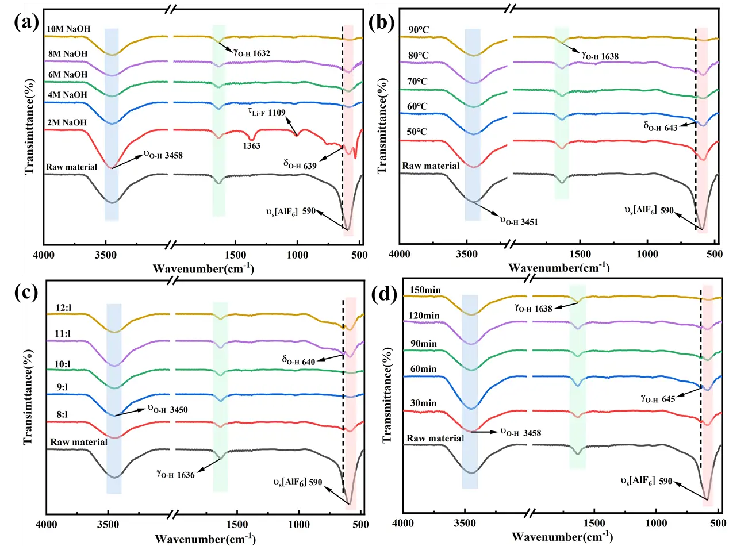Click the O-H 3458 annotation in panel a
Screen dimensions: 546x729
pos(162,155)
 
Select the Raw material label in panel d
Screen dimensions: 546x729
pos(435,438)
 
